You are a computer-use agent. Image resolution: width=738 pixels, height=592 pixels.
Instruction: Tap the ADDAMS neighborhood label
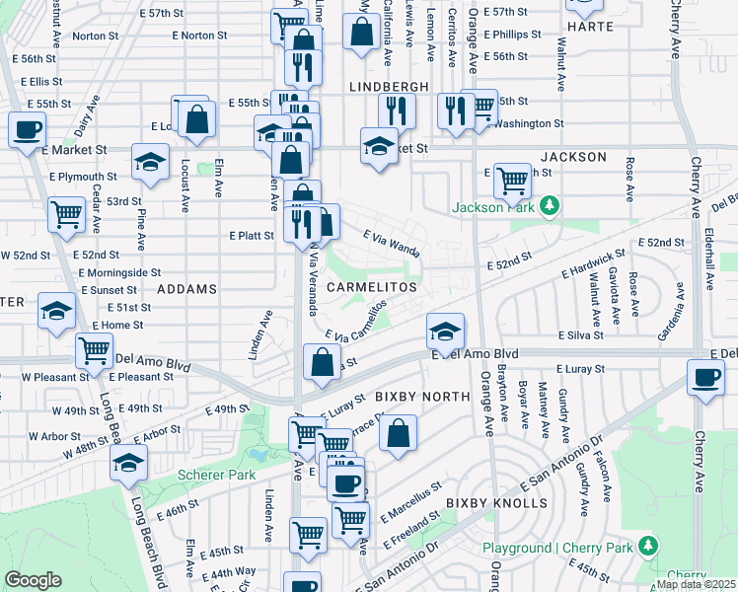click(x=185, y=289)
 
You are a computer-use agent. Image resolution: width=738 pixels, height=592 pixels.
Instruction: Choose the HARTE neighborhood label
click(x=596, y=29)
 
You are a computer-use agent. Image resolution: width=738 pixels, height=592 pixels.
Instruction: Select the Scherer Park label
click(x=210, y=475)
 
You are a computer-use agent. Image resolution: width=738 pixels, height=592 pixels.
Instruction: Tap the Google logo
click(x=33, y=580)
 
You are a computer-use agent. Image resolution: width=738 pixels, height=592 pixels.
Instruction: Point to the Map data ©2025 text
click(x=696, y=584)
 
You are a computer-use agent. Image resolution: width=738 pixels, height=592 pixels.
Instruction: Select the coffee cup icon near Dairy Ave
click(x=28, y=129)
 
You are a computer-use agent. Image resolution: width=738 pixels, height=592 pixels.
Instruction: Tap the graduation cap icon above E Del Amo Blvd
click(x=445, y=331)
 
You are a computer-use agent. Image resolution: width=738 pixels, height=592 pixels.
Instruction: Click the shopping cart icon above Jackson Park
click(x=512, y=181)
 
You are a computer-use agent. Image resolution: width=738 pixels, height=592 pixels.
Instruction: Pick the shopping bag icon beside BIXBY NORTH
click(x=398, y=432)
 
